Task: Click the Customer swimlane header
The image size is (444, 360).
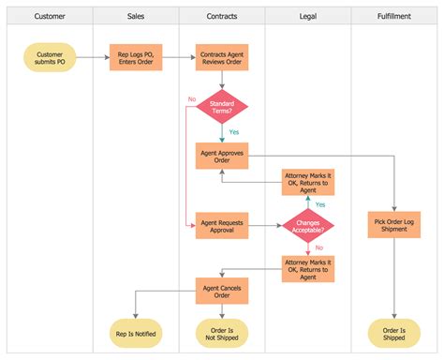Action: click(50, 16)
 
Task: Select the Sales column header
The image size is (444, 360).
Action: click(136, 16)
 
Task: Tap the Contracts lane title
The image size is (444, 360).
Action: click(222, 16)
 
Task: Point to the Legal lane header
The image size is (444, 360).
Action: click(308, 16)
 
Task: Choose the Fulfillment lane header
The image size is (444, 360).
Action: click(394, 16)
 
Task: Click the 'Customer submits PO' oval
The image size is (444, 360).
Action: click(50, 59)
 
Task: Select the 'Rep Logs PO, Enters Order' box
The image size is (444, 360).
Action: click(136, 59)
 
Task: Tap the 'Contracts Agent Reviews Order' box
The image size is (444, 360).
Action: click(222, 59)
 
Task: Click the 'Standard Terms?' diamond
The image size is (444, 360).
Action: click(222, 107)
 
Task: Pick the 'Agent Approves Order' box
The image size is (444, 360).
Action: click(222, 154)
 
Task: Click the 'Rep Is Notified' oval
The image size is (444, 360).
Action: click(136, 333)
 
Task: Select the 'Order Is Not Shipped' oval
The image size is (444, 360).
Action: click(222, 333)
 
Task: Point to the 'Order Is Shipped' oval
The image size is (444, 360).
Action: click(394, 333)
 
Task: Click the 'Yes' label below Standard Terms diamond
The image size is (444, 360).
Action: click(234, 132)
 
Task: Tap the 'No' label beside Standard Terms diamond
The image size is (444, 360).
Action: click(191, 98)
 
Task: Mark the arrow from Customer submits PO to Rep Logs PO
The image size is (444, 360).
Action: click(92, 59)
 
